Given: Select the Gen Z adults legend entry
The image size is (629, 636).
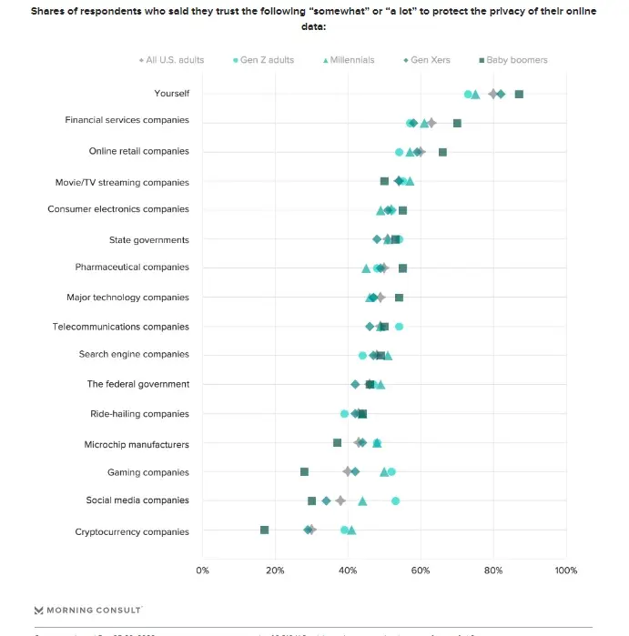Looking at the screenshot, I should tap(265, 60).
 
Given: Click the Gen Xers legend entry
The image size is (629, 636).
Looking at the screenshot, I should tap(427, 60).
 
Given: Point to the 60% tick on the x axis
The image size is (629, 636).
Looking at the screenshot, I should tap(420, 570).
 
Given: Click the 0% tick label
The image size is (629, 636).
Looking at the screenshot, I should tap(202, 570).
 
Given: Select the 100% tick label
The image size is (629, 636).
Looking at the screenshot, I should tap(565, 570).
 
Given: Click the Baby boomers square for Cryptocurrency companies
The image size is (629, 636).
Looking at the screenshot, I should tap(264, 530).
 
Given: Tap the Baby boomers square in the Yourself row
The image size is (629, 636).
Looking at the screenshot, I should tap(519, 94).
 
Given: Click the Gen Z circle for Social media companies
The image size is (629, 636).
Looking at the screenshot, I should tap(395, 500).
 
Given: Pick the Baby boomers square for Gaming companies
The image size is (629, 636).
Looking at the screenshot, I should tap(304, 471).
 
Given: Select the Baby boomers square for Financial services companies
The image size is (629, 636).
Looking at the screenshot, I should tap(457, 123).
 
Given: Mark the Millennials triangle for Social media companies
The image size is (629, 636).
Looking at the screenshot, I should tap(362, 500).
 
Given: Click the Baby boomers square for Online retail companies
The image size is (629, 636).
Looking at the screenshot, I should tap(442, 152).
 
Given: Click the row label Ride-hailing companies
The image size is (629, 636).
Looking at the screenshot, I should tap(139, 414).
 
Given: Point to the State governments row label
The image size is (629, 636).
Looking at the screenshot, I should tap(149, 240).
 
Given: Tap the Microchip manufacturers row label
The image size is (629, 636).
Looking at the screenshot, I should tap(137, 445).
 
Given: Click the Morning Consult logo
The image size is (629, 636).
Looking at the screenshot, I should tap(88, 610).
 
